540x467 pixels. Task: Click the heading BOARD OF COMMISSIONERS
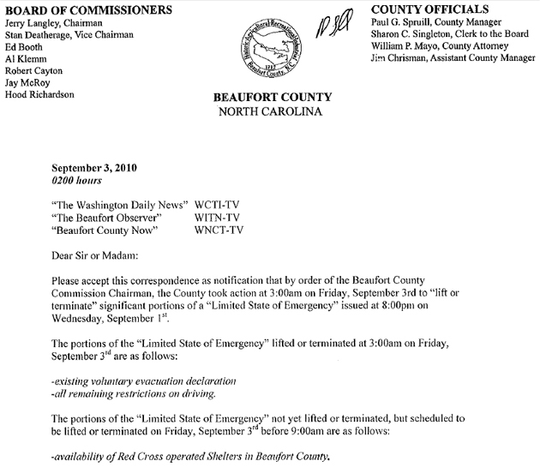[67, 9]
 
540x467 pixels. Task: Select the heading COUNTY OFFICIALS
[422, 9]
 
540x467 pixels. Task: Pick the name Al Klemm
[27, 58]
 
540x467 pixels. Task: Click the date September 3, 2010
[94, 168]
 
